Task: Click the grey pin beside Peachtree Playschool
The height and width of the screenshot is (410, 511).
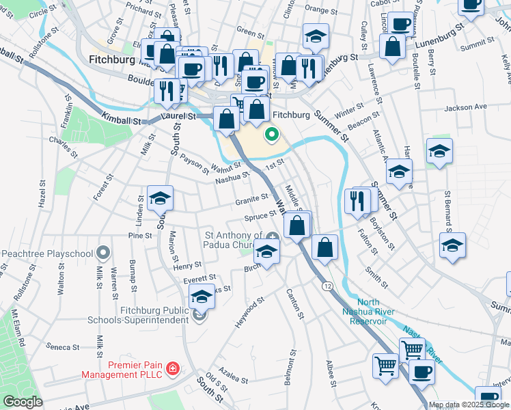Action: click(103, 253)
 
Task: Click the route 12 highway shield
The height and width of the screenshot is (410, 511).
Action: click(329, 286)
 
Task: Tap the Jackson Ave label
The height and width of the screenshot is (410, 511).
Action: click(465, 107)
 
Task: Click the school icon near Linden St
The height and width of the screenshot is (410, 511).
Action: click(161, 198)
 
